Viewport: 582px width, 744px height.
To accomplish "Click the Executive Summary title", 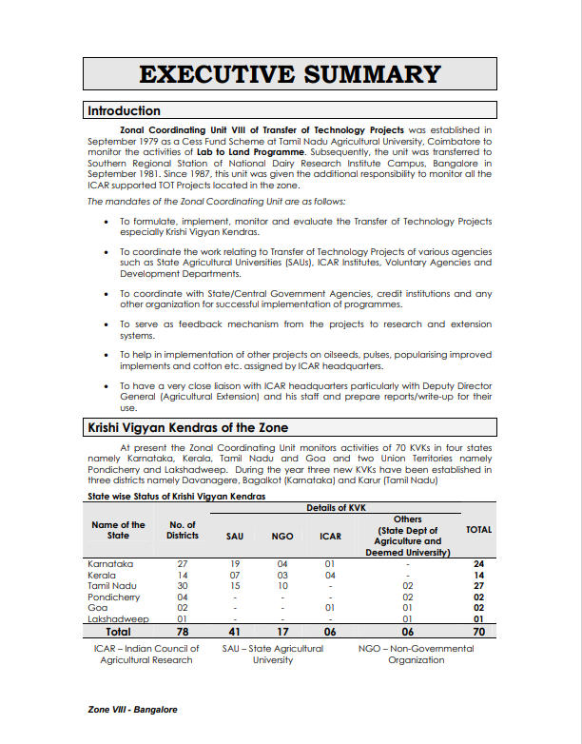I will (x=290, y=75).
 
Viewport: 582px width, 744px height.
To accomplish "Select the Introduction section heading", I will (x=125, y=110).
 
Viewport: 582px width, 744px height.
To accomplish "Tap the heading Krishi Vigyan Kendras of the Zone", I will (x=188, y=428).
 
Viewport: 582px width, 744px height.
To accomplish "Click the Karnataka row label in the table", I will (x=110, y=564).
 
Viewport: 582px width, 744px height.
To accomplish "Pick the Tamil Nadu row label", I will (x=112, y=586).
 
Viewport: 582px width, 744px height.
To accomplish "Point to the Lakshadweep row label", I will (x=118, y=618).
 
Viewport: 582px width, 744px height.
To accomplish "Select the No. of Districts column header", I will (x=183, y=530).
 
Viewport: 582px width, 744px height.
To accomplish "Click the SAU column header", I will (x=235, y=537).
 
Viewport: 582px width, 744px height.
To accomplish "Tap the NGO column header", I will (x=282, y=537).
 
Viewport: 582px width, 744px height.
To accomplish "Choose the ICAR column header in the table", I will (x=330, y=537).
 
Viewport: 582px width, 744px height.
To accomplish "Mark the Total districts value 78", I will (x=183, y=631).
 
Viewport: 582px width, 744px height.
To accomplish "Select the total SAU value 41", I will (x=235, y=631).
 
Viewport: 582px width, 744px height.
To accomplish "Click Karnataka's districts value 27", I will (x=183, y=564).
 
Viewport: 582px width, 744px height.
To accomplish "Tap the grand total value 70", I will (x=479, y=631).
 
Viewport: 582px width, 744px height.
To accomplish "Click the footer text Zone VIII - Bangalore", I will (x=132, y=710).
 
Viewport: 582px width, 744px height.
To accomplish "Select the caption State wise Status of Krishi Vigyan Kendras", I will (x=177, y=497).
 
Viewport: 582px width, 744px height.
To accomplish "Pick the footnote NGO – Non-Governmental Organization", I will (x=416, y=655).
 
